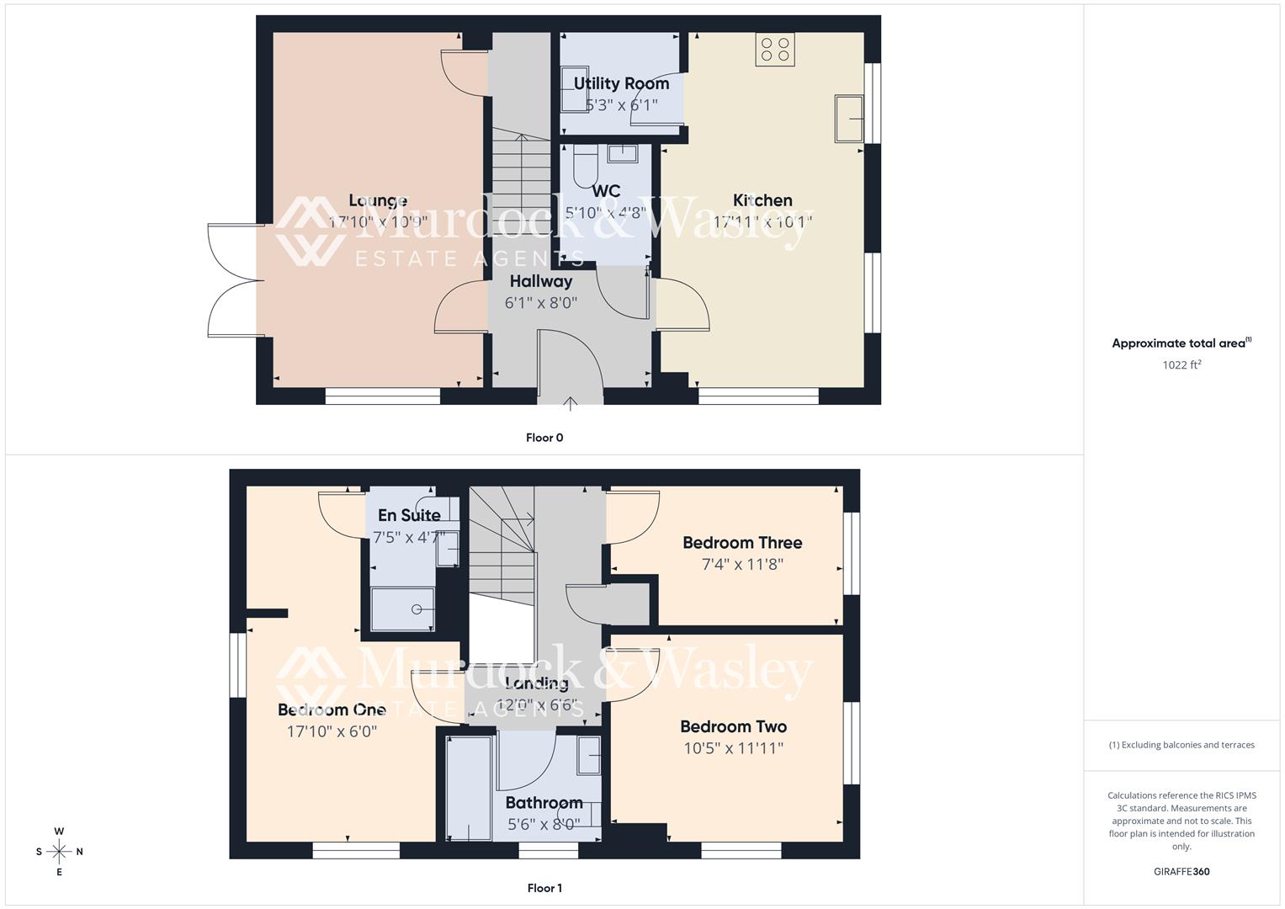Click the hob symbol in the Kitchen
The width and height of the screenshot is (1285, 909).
775,49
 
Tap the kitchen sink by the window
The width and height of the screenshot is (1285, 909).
849,119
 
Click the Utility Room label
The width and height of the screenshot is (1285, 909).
621,83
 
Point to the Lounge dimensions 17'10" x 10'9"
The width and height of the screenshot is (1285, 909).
378,222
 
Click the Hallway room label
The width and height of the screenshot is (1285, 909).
541,281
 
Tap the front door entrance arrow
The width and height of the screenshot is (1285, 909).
571,403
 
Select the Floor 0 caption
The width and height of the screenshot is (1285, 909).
544,438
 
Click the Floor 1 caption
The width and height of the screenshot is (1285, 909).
544,888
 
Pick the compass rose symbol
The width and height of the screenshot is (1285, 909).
59,851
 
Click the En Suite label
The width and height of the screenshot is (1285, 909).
409,515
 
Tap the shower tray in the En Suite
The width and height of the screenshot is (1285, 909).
402,609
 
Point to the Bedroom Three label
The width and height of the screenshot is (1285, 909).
742,543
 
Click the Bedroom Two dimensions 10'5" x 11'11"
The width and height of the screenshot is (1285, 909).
733,748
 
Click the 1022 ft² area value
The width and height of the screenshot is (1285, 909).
1181,365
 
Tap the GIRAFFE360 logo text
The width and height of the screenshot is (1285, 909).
1181,872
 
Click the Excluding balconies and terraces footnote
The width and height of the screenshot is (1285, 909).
1181,745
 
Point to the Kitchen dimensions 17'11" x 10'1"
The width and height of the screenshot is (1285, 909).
762,222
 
